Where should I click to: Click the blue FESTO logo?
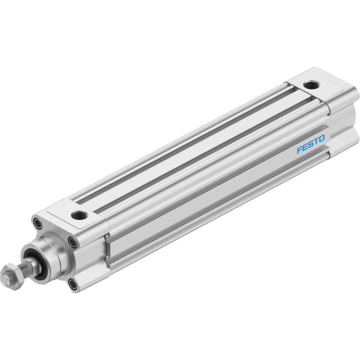tap(311, 144)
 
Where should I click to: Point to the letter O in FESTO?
tap(321, 138)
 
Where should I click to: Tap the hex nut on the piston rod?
tap(12, 278)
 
